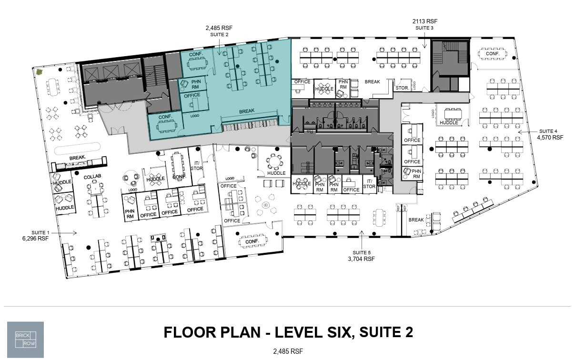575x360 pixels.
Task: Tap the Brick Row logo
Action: (25, 340)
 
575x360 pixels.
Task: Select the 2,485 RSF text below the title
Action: (288, 352)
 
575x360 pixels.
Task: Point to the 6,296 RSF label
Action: (35, 238)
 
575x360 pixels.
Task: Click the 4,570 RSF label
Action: (550, 138)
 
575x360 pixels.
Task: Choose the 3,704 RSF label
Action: (362, 259)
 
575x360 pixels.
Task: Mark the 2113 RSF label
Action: (424, 21)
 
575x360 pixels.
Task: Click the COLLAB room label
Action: (93, 177)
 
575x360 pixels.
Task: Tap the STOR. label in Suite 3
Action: (401, 88)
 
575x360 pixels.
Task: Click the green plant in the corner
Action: (40, 72)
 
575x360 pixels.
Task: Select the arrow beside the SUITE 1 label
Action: (68, 233)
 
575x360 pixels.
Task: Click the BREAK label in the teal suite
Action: (247, 111)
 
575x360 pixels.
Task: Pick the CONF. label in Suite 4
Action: (493, 54)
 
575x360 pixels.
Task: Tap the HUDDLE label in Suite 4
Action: (449, 123)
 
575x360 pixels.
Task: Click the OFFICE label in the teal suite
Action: (192, 95)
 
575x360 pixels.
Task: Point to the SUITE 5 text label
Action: (362, 252)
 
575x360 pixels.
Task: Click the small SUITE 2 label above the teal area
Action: (219, 35)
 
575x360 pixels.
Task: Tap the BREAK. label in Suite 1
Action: (77, 158)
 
